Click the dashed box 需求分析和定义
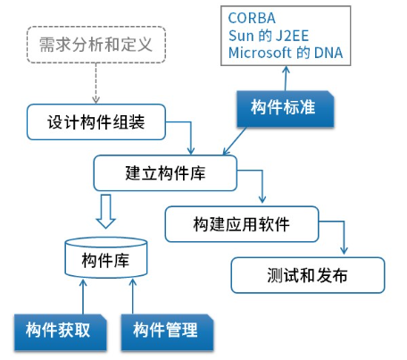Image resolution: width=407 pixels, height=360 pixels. coord(96,45)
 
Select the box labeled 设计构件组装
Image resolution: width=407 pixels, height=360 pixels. coord(96,121)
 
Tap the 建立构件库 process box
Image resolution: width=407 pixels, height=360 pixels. coord(165,172)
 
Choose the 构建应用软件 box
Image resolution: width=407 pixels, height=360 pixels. coord(242,224)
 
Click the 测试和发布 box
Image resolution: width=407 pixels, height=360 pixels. coord(308,275)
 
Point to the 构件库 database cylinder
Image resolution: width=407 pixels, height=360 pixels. coord(106,257)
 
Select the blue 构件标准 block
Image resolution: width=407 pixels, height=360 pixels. coord(286,109)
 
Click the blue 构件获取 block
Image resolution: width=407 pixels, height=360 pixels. coord(61,332)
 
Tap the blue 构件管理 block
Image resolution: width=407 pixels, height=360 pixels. coord(167,332)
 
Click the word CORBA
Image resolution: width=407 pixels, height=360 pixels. coord(252,18)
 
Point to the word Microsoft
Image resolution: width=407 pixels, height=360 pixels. coord(260,53)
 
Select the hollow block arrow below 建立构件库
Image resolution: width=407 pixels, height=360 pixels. coord(105,211)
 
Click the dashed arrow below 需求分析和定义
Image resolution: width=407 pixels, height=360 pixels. coord(96,83)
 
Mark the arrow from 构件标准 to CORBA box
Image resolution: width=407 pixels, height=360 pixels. coord(286,79)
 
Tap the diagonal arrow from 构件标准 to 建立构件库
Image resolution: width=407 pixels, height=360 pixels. coord(235,141)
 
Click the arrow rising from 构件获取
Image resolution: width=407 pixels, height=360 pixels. coord(83,297)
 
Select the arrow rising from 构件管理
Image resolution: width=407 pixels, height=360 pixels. coord(133,297)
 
